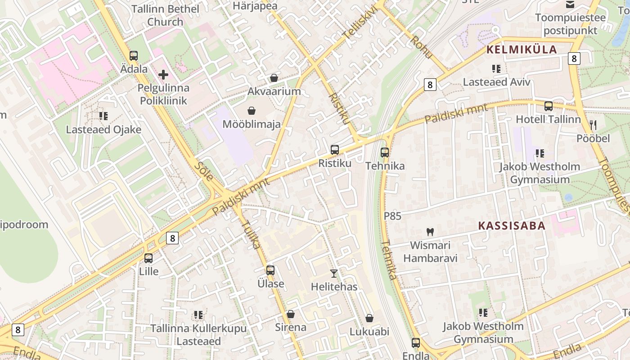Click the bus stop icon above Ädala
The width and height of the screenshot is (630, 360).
point(134,56)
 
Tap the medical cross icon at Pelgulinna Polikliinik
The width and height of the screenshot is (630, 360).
point(163,75)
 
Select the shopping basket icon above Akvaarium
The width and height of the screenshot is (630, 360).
point(274,78)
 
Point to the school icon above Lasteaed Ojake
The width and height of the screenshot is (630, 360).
point(103,116)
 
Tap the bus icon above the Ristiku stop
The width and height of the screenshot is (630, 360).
point(335,150)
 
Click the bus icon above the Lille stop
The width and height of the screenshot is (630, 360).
point(148,258)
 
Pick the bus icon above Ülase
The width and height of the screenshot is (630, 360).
point(270,270)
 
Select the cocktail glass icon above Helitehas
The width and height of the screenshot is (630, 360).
point(334,273)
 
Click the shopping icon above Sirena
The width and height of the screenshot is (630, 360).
point(291,314)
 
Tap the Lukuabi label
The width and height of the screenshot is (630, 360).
point(369,332)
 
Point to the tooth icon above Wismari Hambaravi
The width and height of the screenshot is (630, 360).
point(430,232)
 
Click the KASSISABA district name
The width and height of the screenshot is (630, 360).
point(512,225)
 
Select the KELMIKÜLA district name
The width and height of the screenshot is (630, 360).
point(522,49)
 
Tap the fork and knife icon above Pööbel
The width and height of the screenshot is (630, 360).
point(593,125)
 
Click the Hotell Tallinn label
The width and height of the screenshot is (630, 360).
point(548,119)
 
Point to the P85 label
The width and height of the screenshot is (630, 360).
point(392,216)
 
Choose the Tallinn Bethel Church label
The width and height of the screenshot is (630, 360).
point(165,15)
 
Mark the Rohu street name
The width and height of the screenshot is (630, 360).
point(422,47)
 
